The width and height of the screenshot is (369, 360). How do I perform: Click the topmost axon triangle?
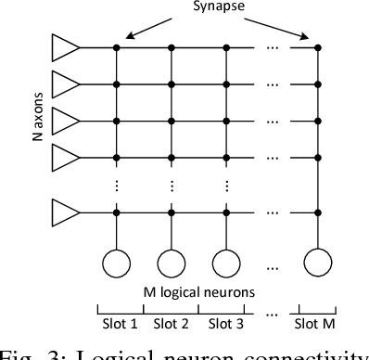pos(65,46)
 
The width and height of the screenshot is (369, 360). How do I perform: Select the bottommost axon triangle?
pos(65,212)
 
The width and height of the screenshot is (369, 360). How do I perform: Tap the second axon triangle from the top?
pos(65,84)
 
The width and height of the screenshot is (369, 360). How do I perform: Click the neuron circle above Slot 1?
pos(117,264)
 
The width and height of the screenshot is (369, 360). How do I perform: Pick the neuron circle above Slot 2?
pos(171,264)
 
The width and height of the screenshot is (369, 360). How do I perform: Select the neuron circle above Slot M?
pos(318,264)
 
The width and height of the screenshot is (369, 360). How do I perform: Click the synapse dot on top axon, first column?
pos(117,46)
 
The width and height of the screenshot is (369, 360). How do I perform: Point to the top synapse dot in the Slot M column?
pos(318,46)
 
